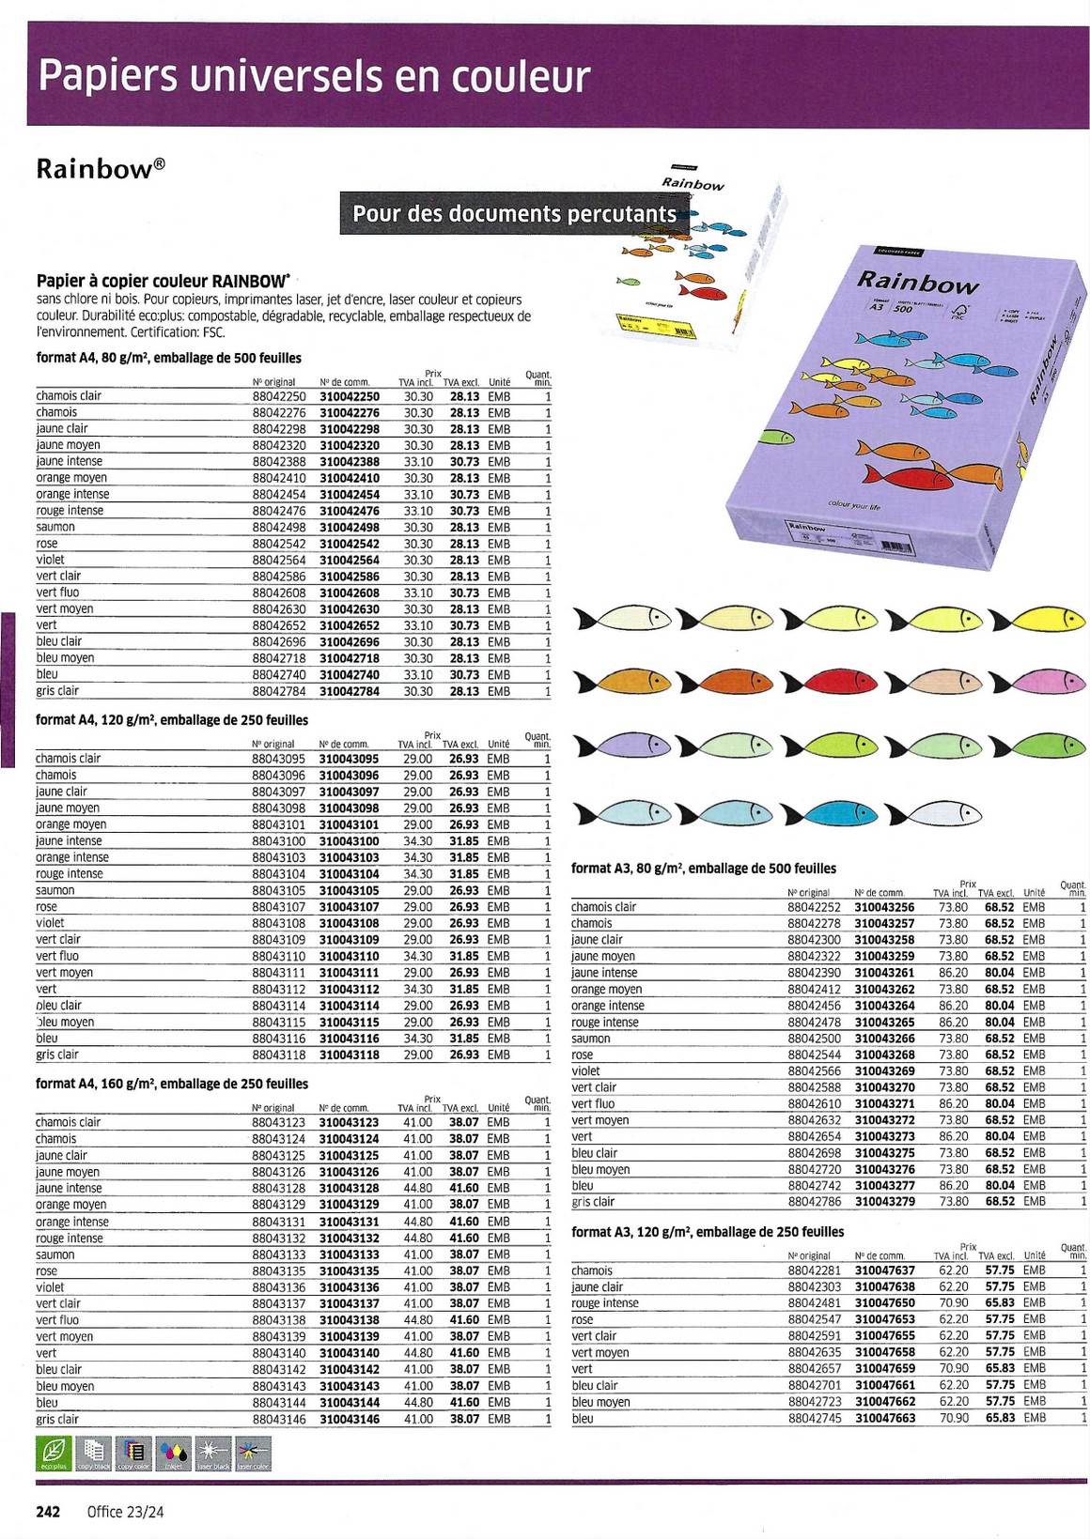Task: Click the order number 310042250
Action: tap(350, 396)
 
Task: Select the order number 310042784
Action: tap(350, 691)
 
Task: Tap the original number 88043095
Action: tap(278, 759)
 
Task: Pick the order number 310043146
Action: tap(349, 1419)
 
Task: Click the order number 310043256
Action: tap(884, 907)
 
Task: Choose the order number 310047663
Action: tap(885, 1418)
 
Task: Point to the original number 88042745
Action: tap(815, 1418)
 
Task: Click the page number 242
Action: tap(48, 1512)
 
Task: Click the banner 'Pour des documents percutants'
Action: tap(514, 214)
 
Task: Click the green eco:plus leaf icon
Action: tap(54, 1454)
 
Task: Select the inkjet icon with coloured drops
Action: tap(174, 1454)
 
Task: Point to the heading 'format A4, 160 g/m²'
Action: tap(172, 1084)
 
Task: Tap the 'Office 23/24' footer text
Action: tap(125, 1512)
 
